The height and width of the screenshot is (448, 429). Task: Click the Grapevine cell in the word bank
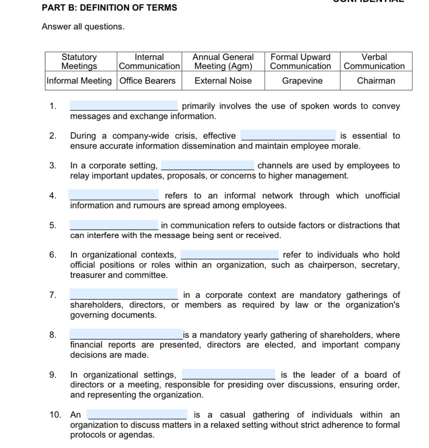pyautogui.click(x=302, y=81)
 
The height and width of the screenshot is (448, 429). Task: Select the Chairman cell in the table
pyautogui.click(x=376, y=81)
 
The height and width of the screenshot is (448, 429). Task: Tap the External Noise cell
pyautogui.click(x=223, y=81)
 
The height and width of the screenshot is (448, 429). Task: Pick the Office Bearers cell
pyautogui.click(x=147, y=81)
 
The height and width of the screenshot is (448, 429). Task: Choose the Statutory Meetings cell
pyautogui.click(x=79, y=62)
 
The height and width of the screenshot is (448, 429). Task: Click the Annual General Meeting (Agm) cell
pyautogui.click(x=223, y=62)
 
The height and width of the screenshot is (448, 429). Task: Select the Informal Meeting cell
pyautogui.click(x=79, y=81)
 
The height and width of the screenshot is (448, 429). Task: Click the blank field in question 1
pyautogui.click(x=124, y=106)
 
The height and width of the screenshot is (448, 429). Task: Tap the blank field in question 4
pyautogui.click(x=114, y=196)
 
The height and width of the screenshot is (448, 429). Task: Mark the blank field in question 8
pyautogui.click(x=126, y=335)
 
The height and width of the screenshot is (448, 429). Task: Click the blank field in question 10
pyautogui.click(x=137, y=415)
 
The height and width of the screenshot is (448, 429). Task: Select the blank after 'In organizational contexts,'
pyautogui.click(x=230, y=255)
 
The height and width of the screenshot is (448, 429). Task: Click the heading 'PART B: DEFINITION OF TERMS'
pyautogui.click(x=109, y=8)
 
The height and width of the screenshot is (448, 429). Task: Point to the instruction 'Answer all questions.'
pyautogui.click(x=83, y=27)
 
